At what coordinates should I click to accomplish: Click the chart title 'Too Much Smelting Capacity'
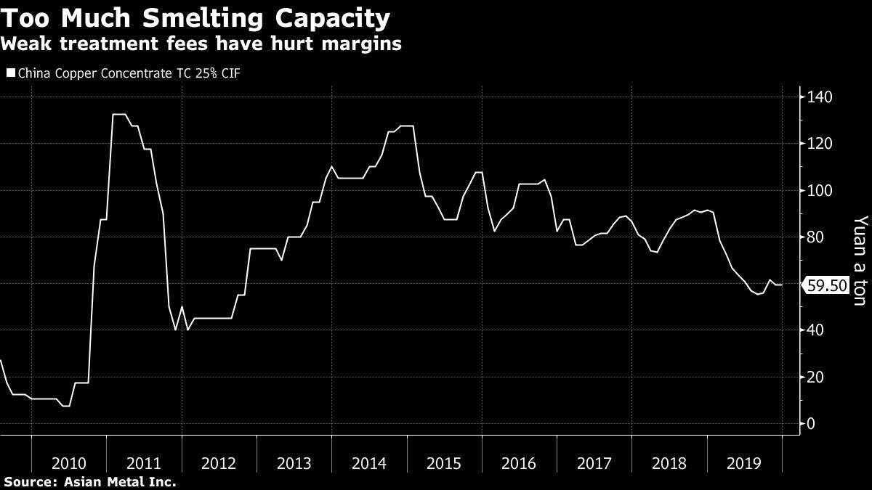[x=195, y=17]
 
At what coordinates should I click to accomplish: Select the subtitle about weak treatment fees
[x=201, y=44]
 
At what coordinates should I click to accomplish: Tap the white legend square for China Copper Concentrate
[x=10, y=73]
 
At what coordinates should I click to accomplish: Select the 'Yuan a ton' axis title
[x=860, y=260]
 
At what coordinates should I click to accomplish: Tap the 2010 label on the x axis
[x=69, y=462]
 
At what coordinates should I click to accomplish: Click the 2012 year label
[x=219, y=462]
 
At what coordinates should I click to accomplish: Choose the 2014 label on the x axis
[x=369, y=462]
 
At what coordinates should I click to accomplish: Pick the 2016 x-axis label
[x=520, y=462]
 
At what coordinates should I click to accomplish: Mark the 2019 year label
[x=745, y=462]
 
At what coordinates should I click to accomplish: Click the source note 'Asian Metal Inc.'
[x=90, y=481]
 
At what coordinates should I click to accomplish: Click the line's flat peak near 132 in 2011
[x=120, y=114]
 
